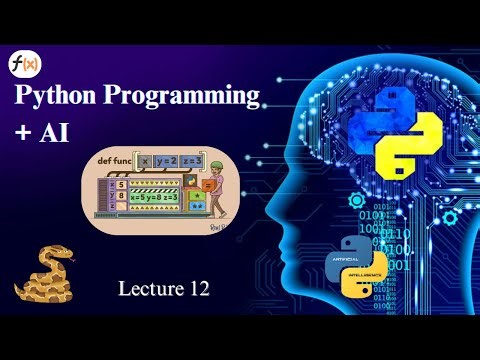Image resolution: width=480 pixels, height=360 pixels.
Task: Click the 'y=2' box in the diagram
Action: click(x=166, y=162)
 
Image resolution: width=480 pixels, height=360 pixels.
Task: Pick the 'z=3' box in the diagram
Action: click(x=192, y=162)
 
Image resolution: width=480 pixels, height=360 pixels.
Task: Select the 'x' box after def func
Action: click(x=145, y=162)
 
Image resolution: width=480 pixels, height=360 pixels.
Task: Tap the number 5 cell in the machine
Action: click(x=121, y=184)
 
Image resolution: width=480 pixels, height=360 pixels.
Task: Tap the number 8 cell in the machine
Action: click(x=121, y=196)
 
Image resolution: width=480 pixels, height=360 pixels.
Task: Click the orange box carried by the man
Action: click(x=207, y=185)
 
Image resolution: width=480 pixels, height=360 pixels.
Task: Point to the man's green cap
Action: click(x=217, y=165)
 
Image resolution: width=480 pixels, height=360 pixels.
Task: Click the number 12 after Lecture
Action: click(x=197, y=290)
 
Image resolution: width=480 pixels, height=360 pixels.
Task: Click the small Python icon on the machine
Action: click(x=189, y=180)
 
